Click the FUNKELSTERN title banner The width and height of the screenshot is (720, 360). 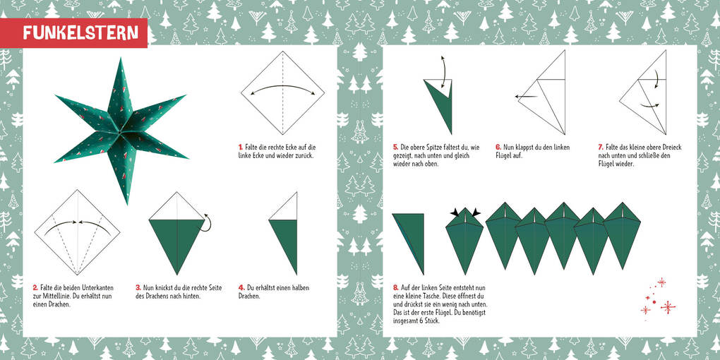(x=73, y=33)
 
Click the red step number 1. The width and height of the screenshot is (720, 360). (x=240, y=148)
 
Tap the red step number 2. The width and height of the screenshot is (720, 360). (x=35, y=288)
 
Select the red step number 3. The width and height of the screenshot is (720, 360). (x=138, y=288)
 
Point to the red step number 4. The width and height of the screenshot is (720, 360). (x=241, y=288)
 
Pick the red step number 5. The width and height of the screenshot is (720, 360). (x=395, y=148)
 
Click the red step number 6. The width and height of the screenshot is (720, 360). (x=498, y=148)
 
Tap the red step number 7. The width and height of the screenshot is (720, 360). (x=601, y=148)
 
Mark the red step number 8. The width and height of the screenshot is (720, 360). (x=395, y=288)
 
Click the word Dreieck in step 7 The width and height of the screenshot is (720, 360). (x=672, y=148)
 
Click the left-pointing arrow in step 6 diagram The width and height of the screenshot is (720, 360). (x=526, y=97)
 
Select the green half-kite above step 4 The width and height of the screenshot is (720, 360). (x=283, y=246)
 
